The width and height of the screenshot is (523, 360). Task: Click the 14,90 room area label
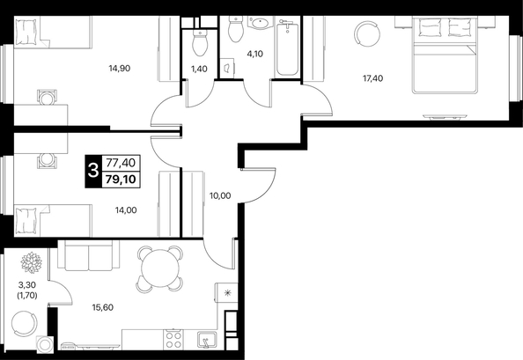coord(120,69)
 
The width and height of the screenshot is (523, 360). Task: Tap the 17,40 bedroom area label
coord(373,78)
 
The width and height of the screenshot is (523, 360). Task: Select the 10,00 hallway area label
coord(220,195)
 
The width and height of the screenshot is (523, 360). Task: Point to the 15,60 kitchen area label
coord(103,307)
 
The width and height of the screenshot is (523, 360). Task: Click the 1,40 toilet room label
coord(199,69)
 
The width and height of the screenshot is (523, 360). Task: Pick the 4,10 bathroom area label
coord(254,54)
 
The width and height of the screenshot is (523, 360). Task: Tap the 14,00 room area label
coord(126,210)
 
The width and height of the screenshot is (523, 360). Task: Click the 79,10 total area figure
coord(121,180)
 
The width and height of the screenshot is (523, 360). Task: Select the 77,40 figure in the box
coord(121,163)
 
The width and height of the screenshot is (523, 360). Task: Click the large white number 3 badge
coord(92,171)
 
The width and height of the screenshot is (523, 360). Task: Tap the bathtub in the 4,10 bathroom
coord(287,48)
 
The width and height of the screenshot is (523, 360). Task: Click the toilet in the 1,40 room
coord(200,44)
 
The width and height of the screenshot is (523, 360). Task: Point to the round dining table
coord(160,268)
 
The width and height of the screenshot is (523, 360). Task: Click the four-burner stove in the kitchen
coord(173,340)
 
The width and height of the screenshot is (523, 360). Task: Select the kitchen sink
coord(206,340)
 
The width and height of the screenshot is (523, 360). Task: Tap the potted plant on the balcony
coord(31,262)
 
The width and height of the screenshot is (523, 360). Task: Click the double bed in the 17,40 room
coord(445,55)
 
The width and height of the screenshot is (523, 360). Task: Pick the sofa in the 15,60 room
coord(88,255)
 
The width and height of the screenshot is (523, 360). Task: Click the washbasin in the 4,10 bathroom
coord(260,23)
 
